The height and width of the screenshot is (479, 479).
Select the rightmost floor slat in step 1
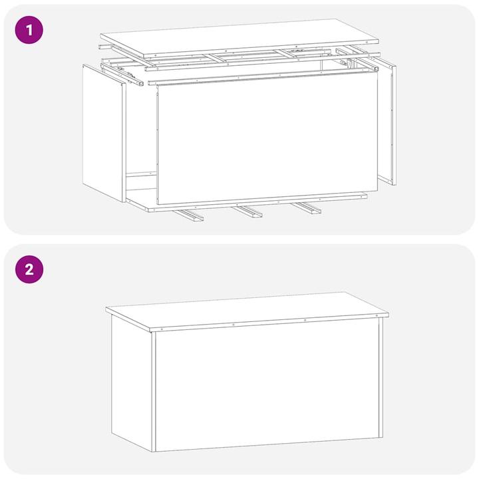pyautogui.click(x=305, y=208)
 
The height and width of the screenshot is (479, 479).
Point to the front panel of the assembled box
pyautogui.click(x=266, y=389)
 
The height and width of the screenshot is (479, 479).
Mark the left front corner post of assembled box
pyautogui.click(x=153, y=393)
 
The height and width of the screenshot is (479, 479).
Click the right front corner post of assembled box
pyautogui.click(x=381, y=379)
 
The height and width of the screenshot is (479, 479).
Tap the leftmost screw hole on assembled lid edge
pyautogui.click(x=161, y=328)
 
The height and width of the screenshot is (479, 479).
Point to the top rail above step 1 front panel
pyautogui.click(x=263, y=77)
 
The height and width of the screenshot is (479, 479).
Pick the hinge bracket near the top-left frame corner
pyautogui.click(x=133, y=75)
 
